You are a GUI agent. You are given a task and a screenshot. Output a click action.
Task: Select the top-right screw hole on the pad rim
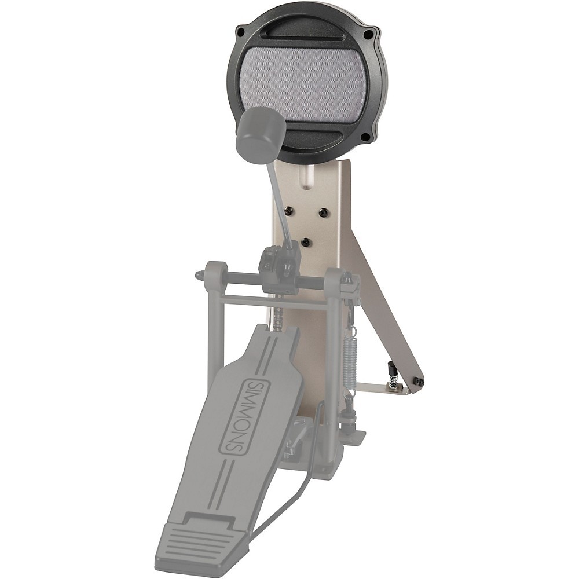coord(368,34)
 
